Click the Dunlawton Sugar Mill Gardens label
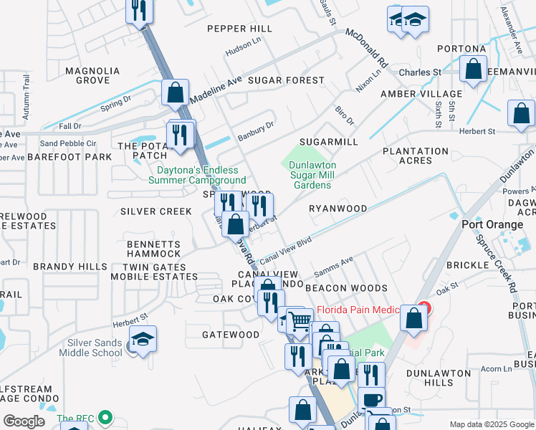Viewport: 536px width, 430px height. pos(312,175)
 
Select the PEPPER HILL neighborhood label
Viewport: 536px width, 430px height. pos(240,29)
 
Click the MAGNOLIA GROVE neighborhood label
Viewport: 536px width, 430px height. pos(92,75)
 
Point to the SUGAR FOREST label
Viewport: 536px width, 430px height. pos(286,80)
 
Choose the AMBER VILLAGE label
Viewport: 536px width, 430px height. pos(421,94)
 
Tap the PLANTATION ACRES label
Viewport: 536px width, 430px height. pos(416,156)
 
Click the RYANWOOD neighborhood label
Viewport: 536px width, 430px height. pos(338,209)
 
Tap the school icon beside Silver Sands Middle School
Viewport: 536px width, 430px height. pos(143,339)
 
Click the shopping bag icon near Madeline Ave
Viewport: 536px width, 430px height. pos(175,92)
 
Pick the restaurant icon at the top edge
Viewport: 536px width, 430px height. pos(139,10)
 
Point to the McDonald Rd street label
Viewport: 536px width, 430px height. pos(366,48)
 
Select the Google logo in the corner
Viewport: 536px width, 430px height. pos(24,421)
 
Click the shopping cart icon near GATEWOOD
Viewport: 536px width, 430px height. pos(301,322)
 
